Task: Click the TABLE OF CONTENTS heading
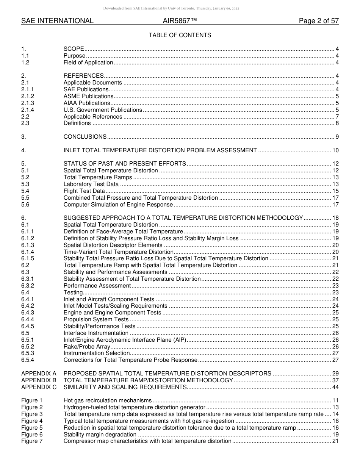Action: pyautogui.click(x=180, y=35)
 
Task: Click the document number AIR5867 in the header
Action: pyautogui.click(x=180, y=21)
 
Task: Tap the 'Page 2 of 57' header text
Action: pyautogui.click(x=318, y=21)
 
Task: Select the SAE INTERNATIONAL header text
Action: pyautogui.click(x=57, y=21)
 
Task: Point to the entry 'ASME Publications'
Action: pyautogui.click(x=88, y=96)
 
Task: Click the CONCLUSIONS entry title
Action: pyautogui.click(x=85, y=137)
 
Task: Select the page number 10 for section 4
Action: pyautogui.click(x=335, y=150)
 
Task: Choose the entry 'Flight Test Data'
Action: pyautogui.click(x=84, y=191)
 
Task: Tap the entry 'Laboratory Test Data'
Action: pyautogui.click(x=91, y=184)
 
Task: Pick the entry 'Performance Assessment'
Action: pyautogui.click(x=97, y=286)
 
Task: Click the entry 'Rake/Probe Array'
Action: pyautogui.click(x=87, y=347)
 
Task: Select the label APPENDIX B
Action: pyautogui.click(x=39, y=380)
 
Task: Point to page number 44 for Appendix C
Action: pyautogui.click(x=335, y=387)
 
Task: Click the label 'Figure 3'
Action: pyautogui.click(x=32, y=414)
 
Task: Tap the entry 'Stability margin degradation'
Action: pyautogui.click(x=100, y=435)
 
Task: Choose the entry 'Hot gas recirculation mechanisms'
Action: pyautogui.click(x=108, y=400)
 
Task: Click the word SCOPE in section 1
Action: pyautogui.click(x=74, y=49)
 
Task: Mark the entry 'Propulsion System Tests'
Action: pyautogui.click(x=96, y=319)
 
